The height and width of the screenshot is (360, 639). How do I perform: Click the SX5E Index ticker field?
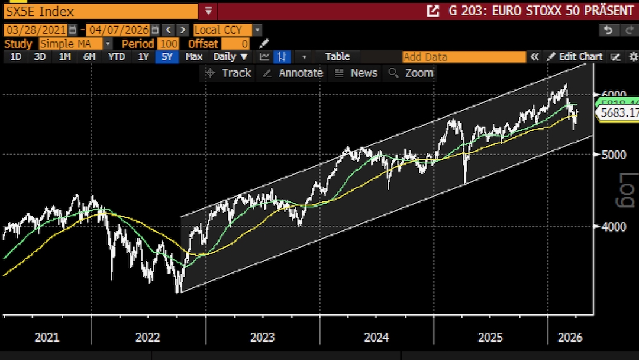coord(101,11)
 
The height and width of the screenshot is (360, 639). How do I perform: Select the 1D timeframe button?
coord(16,57)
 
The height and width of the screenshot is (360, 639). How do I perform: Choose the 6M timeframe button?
coord(89,57)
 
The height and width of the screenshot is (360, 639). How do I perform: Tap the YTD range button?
coord(117,57)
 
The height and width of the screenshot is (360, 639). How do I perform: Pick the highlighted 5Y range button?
coord(167,57)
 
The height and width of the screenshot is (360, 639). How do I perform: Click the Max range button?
coord(193,57)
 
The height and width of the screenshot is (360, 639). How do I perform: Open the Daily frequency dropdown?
coord(231,57)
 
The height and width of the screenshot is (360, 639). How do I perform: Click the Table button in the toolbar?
coord(337,57)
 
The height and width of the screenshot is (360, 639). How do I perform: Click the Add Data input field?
coord(464,57)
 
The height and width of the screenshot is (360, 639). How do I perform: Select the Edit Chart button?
coord(575,57)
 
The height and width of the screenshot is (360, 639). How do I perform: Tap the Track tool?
coord(229,73)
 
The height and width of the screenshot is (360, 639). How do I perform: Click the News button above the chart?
coord(356,73)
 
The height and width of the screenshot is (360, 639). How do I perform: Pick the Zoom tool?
coord(412,73)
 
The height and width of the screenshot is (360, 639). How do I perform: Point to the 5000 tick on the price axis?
coord(614,155)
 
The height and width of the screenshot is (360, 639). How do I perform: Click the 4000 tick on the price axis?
coord(614,227)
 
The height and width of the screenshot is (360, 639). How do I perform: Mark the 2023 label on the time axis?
coord(262,337)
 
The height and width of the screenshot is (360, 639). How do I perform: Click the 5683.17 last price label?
coord(618,112)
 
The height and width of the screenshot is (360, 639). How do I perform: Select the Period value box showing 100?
coord(169,44)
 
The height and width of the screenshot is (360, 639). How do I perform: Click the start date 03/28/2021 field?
coord(35,30)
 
